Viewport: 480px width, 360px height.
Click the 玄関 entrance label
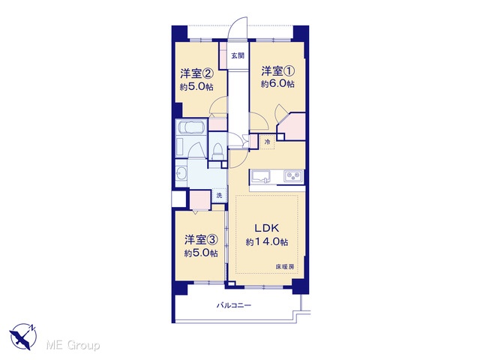pyautogui.click(x=238, y=55)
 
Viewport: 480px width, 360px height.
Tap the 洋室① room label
pyautogui.click(x=277, y=71)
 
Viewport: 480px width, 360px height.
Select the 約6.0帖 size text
pyautogui.click(x=277, y=84)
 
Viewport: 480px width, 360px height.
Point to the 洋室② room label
pyautogui.click(x=196, y=73)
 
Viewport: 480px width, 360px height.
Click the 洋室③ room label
pyautogui.click(x=201, y=240)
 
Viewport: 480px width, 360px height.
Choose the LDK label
pyautogui.click(x=267, y=228)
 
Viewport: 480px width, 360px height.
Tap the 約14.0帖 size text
pyautogui.click(x=267, y=242)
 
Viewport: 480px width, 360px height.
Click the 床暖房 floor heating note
pyautogui.click(x=285, y=267)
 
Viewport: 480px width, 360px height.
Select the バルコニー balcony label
pyautogui.click(x=234, y=305)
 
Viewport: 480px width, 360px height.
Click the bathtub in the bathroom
pyautogui.click(x=192, y=127)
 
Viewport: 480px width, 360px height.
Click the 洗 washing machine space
pyautogui.click(x=219, y=195)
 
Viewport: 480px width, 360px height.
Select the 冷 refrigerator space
pyautogui.click(x=267, y=142)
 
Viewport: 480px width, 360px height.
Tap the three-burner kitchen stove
pyautogui.click(x=293, y=176)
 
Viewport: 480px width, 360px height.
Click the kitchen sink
pyautogui.click(x=261, y=177)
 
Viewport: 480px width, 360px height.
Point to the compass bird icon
pyautogui.click(x=23, y=337)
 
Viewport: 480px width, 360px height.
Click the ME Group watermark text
pyautogui.click(x=73, y=345)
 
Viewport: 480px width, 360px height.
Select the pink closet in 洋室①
pyautogui.click(x=292, y=127)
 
